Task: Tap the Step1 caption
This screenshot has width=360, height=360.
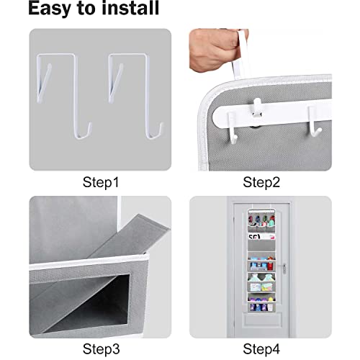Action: pos(99,181)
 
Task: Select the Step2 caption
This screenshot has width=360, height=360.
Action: pos(261,181)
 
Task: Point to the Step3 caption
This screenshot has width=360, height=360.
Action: pos(99,350)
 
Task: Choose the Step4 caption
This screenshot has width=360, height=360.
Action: pos(261,350)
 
